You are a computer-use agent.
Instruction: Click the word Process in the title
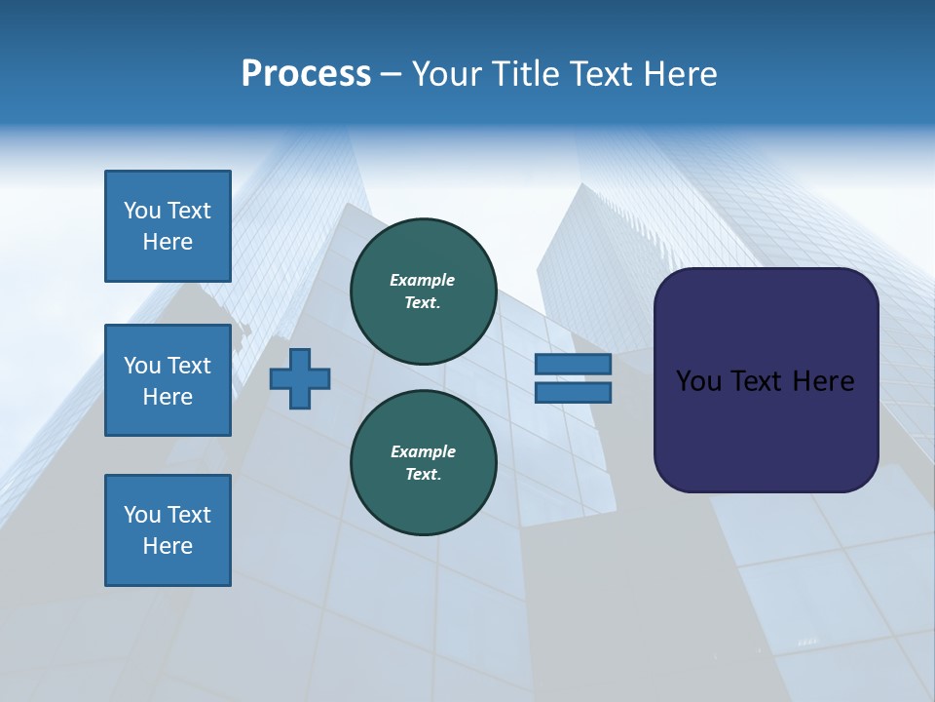pos(306,74)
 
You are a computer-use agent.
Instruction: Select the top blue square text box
pos(168,226)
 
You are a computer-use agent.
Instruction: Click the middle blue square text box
pos(168,380)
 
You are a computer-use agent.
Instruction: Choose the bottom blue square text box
pos(168,530)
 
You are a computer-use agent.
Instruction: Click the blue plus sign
pos(300,378)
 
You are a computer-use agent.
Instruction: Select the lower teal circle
pos(423,463)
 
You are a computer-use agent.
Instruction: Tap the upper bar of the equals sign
pos(573,364)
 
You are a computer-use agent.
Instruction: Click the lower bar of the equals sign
pos(573,393)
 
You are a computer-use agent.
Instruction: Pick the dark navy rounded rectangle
pos(766,380)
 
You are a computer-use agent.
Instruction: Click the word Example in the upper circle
pos(423,280)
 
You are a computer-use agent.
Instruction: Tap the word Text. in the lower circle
pos(423,475)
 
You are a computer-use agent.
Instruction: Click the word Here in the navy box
pos(823,381)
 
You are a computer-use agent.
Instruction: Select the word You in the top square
pos(142,211)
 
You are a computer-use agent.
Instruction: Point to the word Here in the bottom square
pos(168,546)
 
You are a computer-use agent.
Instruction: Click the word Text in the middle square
pos(189,366)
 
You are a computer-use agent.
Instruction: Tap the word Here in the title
pos(681,74)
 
